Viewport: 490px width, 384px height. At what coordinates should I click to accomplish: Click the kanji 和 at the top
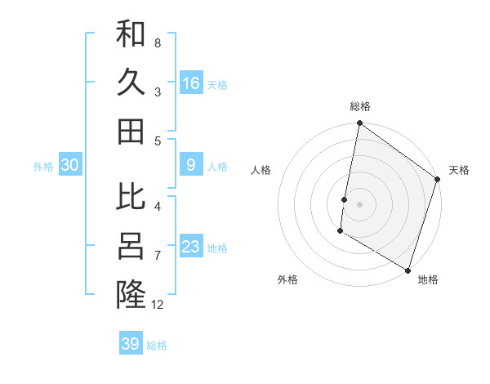[x=131, y=33]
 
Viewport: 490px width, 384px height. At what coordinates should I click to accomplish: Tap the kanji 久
[x=131, y=82]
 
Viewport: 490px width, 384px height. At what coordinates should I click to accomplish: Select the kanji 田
[x=131, y=130]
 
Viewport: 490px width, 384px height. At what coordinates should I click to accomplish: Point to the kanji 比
[x=131, y=197]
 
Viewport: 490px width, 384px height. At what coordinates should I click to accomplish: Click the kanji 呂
[x=131, y=245]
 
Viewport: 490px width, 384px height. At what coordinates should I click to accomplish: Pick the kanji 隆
[x=131, y=293]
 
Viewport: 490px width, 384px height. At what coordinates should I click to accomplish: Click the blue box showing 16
[x=191, y=83]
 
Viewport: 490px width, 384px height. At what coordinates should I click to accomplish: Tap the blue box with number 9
[x=191, y=165]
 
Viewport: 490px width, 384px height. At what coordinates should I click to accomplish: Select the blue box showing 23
[x=191, y=247]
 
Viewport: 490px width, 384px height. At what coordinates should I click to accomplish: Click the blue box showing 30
[x=69, y=165]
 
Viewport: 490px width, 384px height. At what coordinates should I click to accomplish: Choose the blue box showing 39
[x=131, y=344]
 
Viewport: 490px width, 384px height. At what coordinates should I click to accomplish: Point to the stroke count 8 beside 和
[x=158, y=42]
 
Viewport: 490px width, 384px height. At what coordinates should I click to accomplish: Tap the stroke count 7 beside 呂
[x=158, y=255]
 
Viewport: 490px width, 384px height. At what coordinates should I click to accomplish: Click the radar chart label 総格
[x=360, y=106]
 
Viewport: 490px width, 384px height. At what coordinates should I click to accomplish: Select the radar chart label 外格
[x=287, y=280]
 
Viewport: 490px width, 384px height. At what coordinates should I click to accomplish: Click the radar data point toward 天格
[x=438, y=181]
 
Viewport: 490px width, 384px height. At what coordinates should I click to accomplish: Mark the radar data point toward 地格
[x=407, y=270]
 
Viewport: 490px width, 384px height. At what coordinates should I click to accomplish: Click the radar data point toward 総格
[x=359, y=124]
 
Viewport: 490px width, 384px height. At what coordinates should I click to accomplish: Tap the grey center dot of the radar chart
[x=359, y=203]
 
